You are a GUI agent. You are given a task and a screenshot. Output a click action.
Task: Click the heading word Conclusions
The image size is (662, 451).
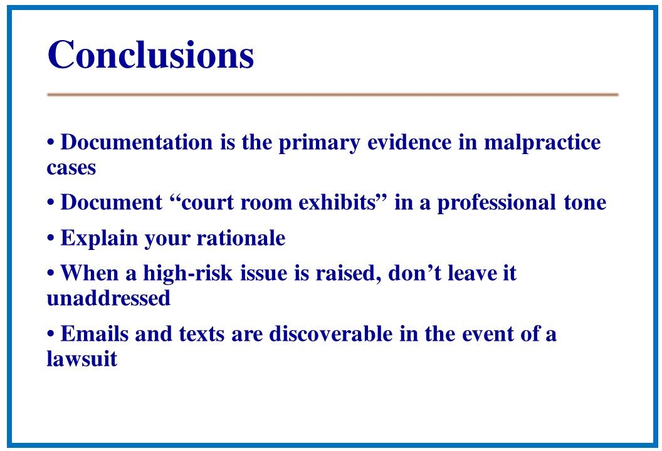point(150,54)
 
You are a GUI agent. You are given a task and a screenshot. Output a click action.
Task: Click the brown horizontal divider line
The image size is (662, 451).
point(333,95)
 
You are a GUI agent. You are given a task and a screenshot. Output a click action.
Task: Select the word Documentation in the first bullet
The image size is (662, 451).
point(137,142)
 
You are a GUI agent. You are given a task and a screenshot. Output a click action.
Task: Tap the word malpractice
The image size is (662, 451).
point(542,143)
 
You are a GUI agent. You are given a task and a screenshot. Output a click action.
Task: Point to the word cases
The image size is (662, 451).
point(71,168)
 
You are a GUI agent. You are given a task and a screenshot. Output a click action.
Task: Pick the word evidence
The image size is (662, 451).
point(409,142)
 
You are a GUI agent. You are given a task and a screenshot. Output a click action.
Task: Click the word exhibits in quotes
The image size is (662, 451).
point(337,202)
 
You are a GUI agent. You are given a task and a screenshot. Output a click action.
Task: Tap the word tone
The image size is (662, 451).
point(585,203)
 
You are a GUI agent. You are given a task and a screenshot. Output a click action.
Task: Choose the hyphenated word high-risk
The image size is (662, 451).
point(188,274)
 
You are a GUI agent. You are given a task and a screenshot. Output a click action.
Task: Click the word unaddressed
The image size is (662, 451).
point(108,298)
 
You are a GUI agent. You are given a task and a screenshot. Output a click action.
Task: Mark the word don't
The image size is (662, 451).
point(414,273)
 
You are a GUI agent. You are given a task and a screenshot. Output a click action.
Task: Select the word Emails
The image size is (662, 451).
point(95,334)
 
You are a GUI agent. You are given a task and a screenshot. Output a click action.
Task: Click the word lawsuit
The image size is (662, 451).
point(82,359)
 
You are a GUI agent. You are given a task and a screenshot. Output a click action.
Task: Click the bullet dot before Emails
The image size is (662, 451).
point(51,334)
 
